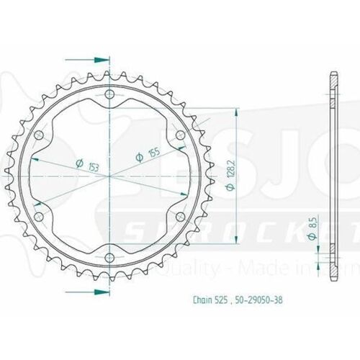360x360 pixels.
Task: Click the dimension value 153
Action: click(x=91, y=167)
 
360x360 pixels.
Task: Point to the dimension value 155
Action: click(x=151, y=152)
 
